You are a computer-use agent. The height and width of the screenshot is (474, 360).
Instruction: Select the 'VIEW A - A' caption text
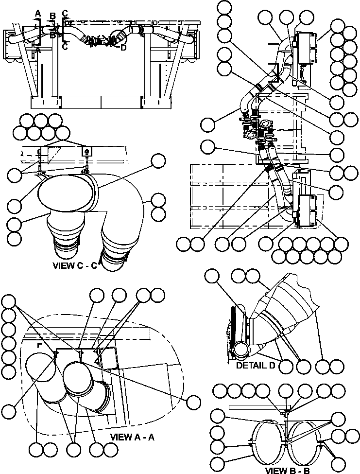pos(133,437)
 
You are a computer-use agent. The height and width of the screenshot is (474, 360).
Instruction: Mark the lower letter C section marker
pos(65,46)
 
